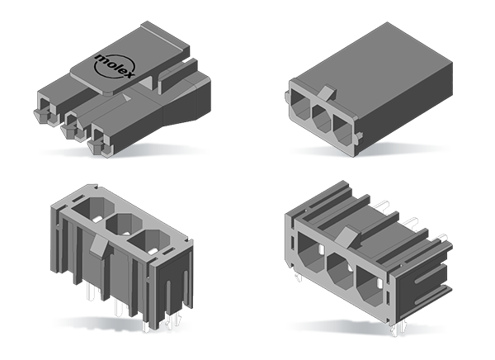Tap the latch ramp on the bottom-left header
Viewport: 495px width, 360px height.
point(97,248)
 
